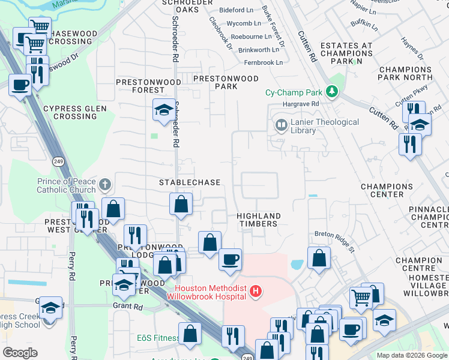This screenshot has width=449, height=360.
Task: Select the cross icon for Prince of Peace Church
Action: tap(105, 184)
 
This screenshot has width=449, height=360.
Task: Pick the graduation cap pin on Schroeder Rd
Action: tap(164, 110)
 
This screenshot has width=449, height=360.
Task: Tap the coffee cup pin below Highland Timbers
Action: tap(231, 260)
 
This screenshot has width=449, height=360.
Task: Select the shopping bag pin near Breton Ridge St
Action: tap(319, 258)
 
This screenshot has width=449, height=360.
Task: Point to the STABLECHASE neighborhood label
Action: tap(189, 182)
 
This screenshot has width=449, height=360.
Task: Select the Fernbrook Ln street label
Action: tap(263, 62)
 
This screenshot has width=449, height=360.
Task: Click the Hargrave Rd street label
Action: tap(302, 104)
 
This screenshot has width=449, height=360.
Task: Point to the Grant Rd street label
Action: tap(127, 306)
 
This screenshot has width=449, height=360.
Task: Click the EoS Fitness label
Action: tap(157, 338)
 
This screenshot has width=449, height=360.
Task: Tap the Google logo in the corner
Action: tap(20, 352)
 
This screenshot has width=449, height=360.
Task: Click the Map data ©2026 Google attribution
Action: tap(411, 355)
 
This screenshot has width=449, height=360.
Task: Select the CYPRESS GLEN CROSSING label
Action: tap(74, 113)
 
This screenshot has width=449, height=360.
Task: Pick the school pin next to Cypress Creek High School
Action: tap(51, 308)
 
